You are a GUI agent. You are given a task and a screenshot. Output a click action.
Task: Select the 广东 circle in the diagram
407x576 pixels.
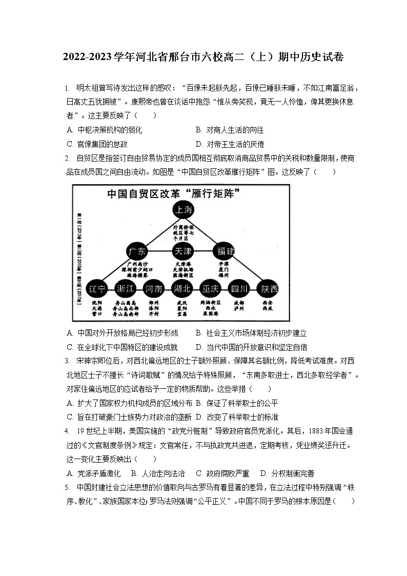click(137, 251)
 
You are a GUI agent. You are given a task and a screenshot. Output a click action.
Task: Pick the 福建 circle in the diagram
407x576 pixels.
click(226, 251)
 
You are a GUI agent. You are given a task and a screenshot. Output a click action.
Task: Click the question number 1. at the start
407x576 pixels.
click(67, 88)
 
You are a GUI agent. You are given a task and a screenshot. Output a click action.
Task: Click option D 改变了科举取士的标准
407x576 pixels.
click(237, 417)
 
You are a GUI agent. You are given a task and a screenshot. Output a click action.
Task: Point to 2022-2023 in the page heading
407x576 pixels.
click(85, 58)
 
